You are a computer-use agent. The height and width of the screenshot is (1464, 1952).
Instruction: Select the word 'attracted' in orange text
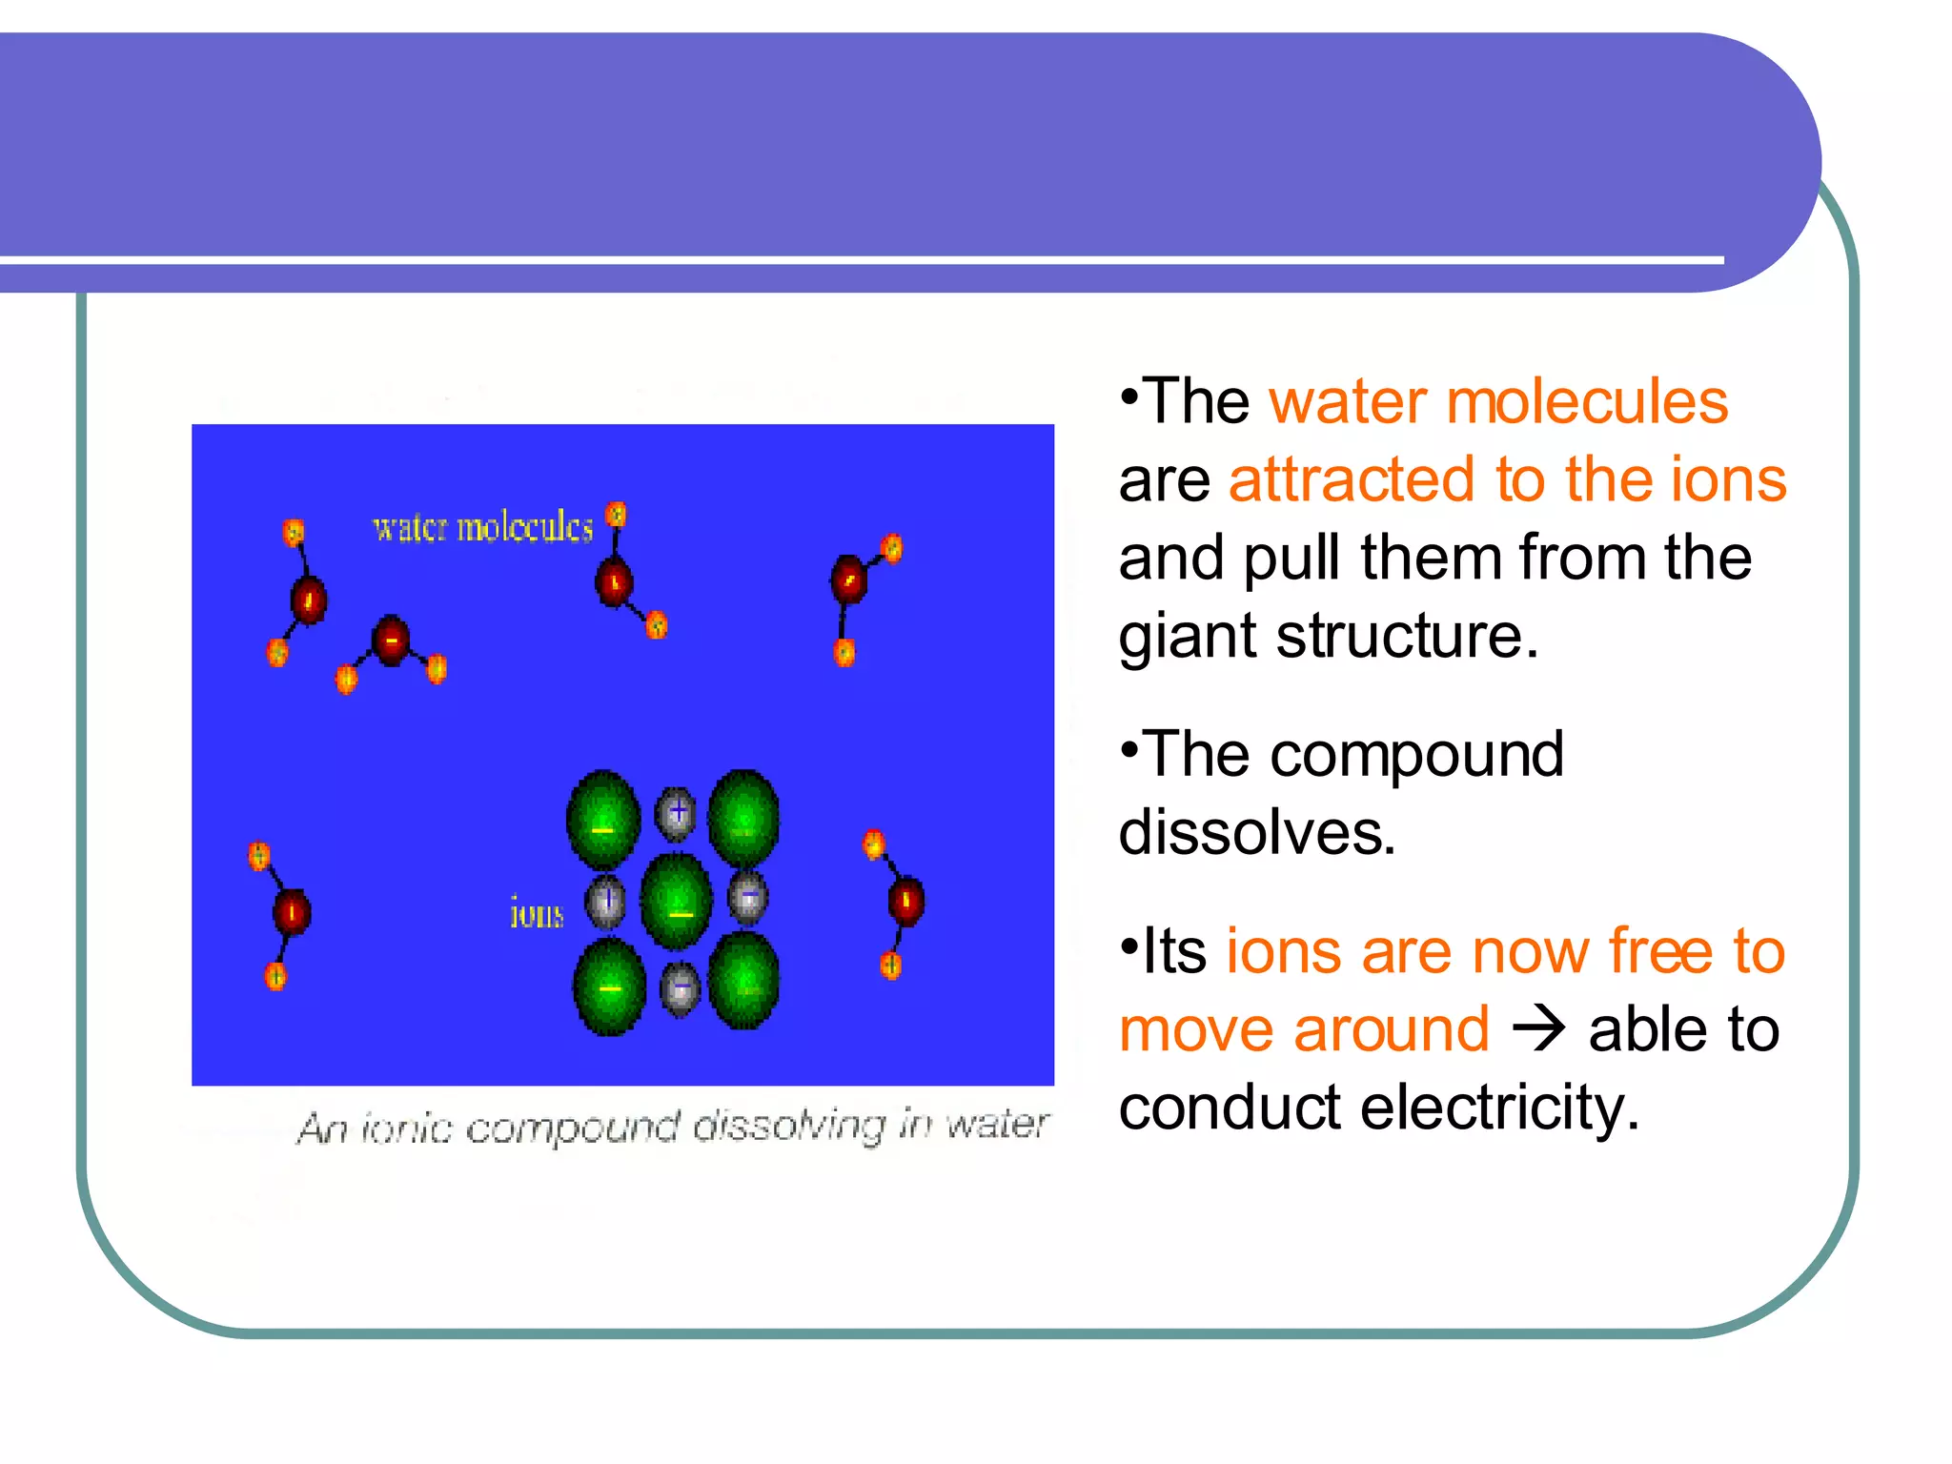pyautogui.click(x=1352, y=479)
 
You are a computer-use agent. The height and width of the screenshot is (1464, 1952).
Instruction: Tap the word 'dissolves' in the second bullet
pyautogui.click(x=1256, y=832)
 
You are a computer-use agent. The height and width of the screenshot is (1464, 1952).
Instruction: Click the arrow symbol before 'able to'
pyautogui.click(x=1538, y=1029)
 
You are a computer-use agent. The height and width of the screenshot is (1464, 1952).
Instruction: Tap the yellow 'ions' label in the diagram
pyautogui.click(x=537, y=913)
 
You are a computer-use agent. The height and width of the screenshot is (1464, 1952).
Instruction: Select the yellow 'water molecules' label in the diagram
pyautogui.click(x=482, y=527)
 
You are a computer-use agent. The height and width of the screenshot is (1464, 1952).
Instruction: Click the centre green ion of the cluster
pyautogui.click(x=677, y=902)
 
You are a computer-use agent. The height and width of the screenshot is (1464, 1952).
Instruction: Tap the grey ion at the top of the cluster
pyautogui.click(x=676, y=813)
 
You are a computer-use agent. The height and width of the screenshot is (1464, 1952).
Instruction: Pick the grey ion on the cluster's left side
pyautogui.click(x=605, y=901)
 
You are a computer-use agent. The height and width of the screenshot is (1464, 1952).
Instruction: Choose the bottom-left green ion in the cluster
pyautogui.click(x=610, y=986)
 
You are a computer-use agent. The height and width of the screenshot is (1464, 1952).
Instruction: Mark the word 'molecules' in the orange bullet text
pyautogui.click(x=1586, y=401)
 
